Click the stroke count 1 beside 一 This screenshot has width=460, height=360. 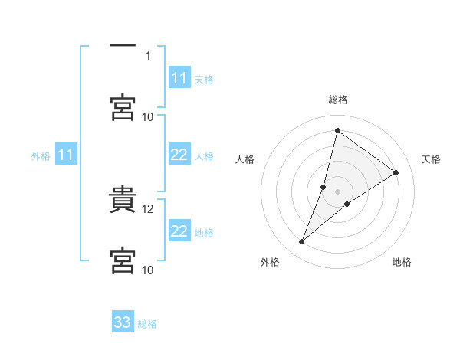point(148,55)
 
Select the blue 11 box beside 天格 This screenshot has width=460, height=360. point(179,78)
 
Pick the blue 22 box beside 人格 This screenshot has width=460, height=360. point(179,155)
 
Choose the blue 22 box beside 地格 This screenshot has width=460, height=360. point(179,231)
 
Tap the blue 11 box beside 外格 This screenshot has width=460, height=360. point(66,155)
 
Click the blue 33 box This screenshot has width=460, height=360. point(123,323)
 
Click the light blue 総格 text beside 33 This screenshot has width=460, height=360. point(147,324)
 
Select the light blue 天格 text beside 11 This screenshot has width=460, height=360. point(204,79)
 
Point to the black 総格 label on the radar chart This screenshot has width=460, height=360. point(338,100)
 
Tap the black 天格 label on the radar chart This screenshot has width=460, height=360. point(431,159)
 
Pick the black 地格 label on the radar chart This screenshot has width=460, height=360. point(402,263)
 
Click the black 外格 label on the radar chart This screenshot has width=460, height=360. point(270,263)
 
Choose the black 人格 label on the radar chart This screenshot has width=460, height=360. point(245,159)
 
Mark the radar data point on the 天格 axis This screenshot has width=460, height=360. point(396,172)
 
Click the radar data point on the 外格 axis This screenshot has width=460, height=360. point(302,242)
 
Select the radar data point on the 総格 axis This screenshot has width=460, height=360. point(337,130)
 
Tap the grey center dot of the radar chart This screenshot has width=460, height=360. point(337,191)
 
